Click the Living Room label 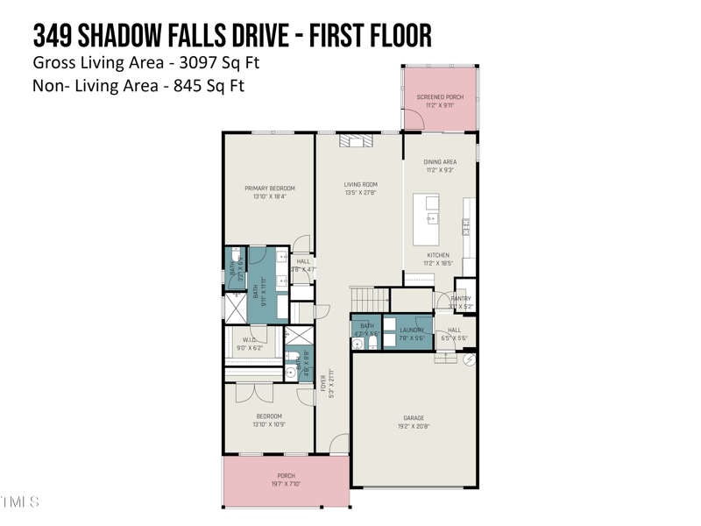click(x=360, y=185)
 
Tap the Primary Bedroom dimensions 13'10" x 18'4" click(x=269, y=196)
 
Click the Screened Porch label click(x=440, y=97)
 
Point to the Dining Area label click(x=440, y=162)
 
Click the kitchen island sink click(x=431, y=217)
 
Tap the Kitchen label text click(x=438, y=256)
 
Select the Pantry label click(x=461, y=299)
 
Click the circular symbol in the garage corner click(x=469, y=359)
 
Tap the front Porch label click(x=287, y=476)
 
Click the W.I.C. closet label click(x=249, y=339)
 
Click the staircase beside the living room click(x=369, y=298)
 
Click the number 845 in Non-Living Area click(x=187, y=86)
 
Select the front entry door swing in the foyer click(x=339, y=444)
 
